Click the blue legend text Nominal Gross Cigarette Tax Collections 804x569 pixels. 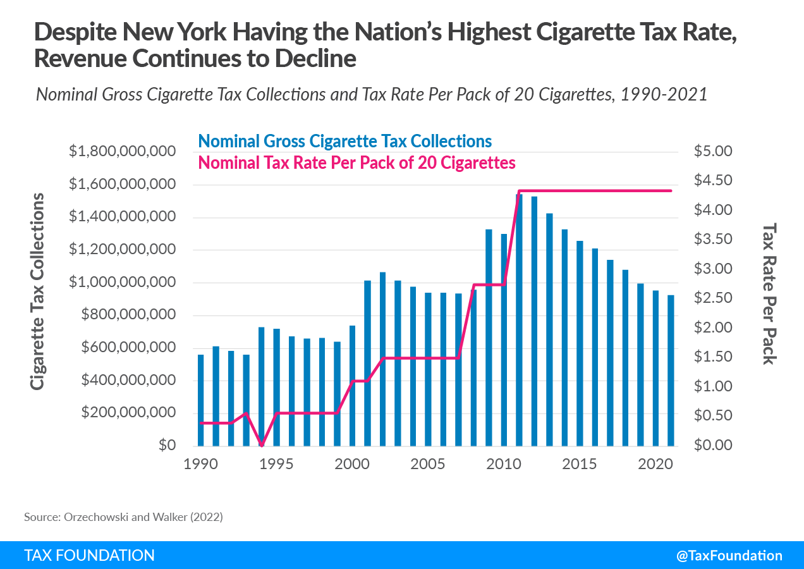point(344,141)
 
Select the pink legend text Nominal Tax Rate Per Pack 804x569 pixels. point(356,162)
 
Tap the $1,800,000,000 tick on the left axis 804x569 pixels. point(121,152)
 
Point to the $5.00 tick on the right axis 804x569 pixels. point(712,152)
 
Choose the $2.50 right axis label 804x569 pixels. point(712,298)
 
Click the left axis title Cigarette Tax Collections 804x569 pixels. point(38,291)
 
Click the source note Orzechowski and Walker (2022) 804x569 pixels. point(124,517)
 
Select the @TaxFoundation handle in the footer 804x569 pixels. point(729,556)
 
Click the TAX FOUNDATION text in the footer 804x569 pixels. point(89,556)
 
